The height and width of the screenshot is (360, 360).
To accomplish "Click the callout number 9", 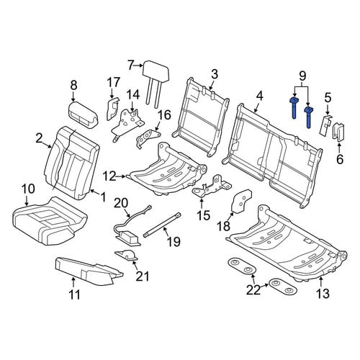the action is (x=302, y=76).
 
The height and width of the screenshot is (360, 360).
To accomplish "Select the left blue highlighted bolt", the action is (x=294, y=108).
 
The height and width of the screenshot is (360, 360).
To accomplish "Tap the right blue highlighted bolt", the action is (x=308, y=117).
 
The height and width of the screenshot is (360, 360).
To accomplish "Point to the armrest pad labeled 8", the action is (x=83, y=114).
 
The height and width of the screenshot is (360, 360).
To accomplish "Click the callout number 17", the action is (x=113, y=83).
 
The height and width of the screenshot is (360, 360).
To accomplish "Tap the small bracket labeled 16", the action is (x=148, y=138).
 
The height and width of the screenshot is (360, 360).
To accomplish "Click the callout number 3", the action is (x=215, y=74).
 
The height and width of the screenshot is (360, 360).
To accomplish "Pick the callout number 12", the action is (x=109, y=176).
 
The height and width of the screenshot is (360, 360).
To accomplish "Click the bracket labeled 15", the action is (x=212, y=186).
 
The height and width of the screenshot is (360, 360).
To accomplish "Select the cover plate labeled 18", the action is (x=240, y=201).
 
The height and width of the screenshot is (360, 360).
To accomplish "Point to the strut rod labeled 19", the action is (x=162, y=225).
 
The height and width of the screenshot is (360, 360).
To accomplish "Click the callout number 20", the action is (x=122, y=204).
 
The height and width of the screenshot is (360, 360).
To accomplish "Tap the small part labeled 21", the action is (x=127, y=255).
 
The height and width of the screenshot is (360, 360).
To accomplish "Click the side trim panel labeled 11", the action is (x=89, y=271).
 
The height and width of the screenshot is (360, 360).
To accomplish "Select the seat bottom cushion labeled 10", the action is (x=49, y=220).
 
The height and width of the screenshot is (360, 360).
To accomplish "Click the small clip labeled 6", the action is (x=338, y=132).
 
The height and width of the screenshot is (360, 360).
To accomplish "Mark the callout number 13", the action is (x=323, y=294).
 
